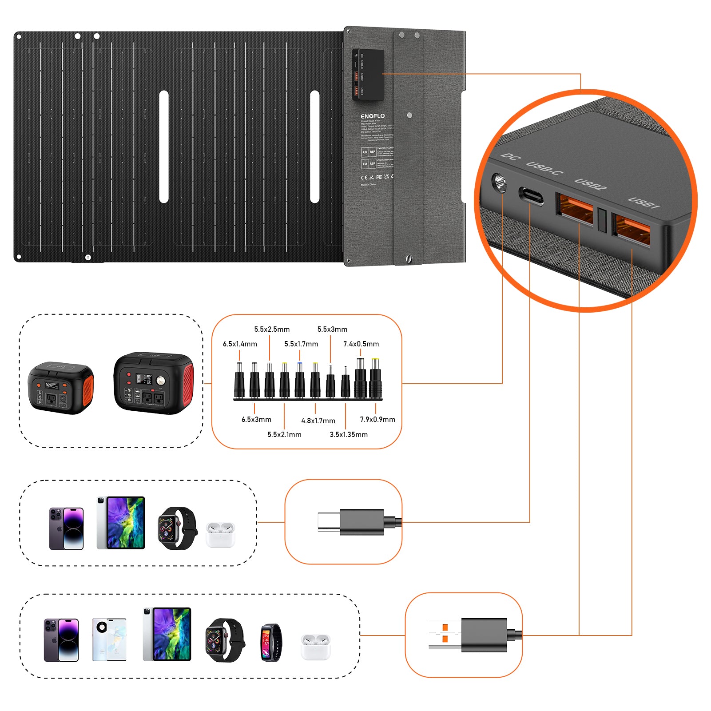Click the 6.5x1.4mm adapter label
coord(240,344)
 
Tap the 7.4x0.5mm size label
coord(361,344)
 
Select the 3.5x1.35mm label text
coord(349,434)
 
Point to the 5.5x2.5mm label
coord(272,329)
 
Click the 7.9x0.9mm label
coord(377,419)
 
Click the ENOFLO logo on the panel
coord(373,116)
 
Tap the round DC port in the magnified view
coord(500,183)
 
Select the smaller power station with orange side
coord(61,388)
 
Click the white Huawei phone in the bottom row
coord(109,640)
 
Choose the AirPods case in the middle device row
coord(220,534)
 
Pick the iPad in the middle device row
coord(121,523)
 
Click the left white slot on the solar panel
coord(164,147)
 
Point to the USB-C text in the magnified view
coord(544,167)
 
